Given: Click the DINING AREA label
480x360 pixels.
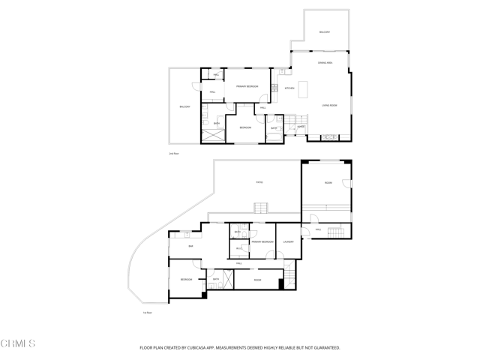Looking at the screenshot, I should tap(325, 63).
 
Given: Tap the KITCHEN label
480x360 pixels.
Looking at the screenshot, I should tap(289, 88).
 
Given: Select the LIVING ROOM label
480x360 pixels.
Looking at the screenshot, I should tap(329, 106).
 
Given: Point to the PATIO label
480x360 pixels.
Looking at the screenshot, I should tap(259, 182).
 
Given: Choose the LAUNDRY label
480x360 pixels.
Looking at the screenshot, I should tap(288, 241).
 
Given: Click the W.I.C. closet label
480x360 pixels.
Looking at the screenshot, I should tap(239, 248).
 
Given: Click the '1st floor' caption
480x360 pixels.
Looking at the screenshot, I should tap(148, 313).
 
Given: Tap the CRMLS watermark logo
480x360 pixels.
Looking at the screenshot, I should tap(18, 344).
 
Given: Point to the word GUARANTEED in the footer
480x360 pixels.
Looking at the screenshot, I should tap(324, 348).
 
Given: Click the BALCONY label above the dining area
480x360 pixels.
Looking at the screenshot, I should tap(325, 32).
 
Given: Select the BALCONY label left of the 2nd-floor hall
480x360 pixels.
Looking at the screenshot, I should tap(184, 107).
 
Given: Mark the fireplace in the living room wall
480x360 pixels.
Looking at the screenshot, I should tap(329, 137).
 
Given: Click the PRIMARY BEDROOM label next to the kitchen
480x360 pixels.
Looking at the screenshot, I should tap(247, 87).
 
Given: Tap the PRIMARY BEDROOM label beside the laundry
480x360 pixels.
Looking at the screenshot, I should tap(262, 241).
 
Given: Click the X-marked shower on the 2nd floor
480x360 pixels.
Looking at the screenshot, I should tap(211, 136).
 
